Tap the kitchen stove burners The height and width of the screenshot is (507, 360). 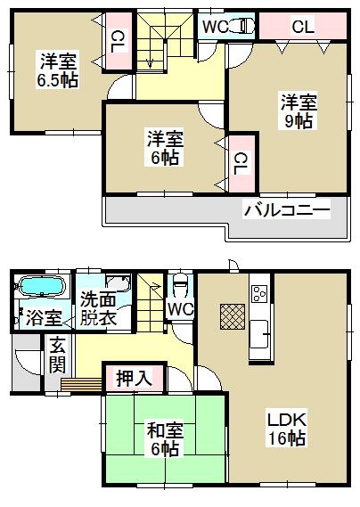click(259, 293)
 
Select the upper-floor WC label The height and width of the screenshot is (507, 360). click(214, 26)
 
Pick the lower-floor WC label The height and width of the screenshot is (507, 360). click(180, 309)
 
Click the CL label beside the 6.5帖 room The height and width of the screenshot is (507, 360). click(118, 39)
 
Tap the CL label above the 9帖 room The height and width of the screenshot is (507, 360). click(304, 28)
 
